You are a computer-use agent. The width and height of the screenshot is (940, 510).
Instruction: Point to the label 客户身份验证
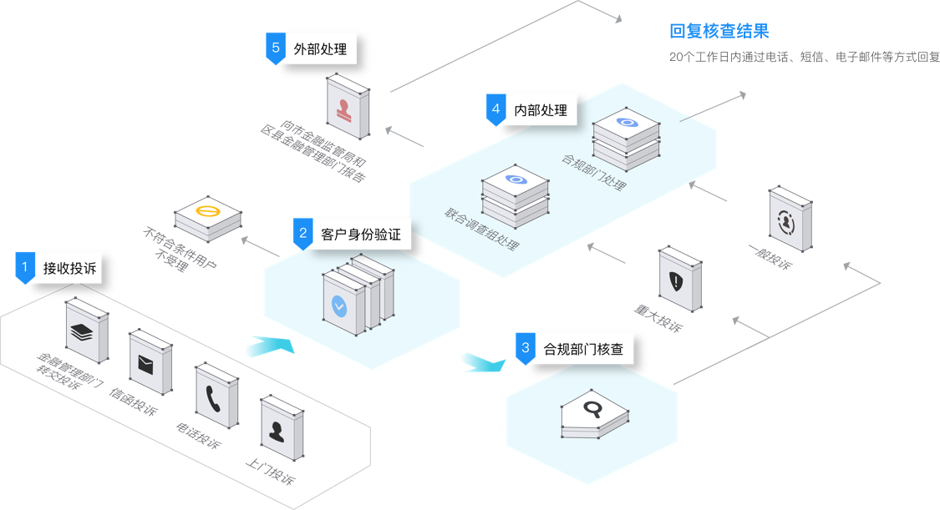click(x=360, y=235)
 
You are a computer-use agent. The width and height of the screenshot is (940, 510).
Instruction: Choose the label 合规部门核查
click(x=583, y=348)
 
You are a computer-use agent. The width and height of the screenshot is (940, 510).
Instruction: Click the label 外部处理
click(x=320, y=49)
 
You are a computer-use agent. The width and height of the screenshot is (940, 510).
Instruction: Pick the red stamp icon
click(x=343, y=109)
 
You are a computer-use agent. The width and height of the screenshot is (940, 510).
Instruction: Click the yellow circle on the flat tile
click(x=206, y=212)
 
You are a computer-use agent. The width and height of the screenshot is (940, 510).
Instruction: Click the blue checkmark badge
click(x=339, y=305)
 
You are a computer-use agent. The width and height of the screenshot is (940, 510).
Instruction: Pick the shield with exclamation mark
click(x=675, y=281)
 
